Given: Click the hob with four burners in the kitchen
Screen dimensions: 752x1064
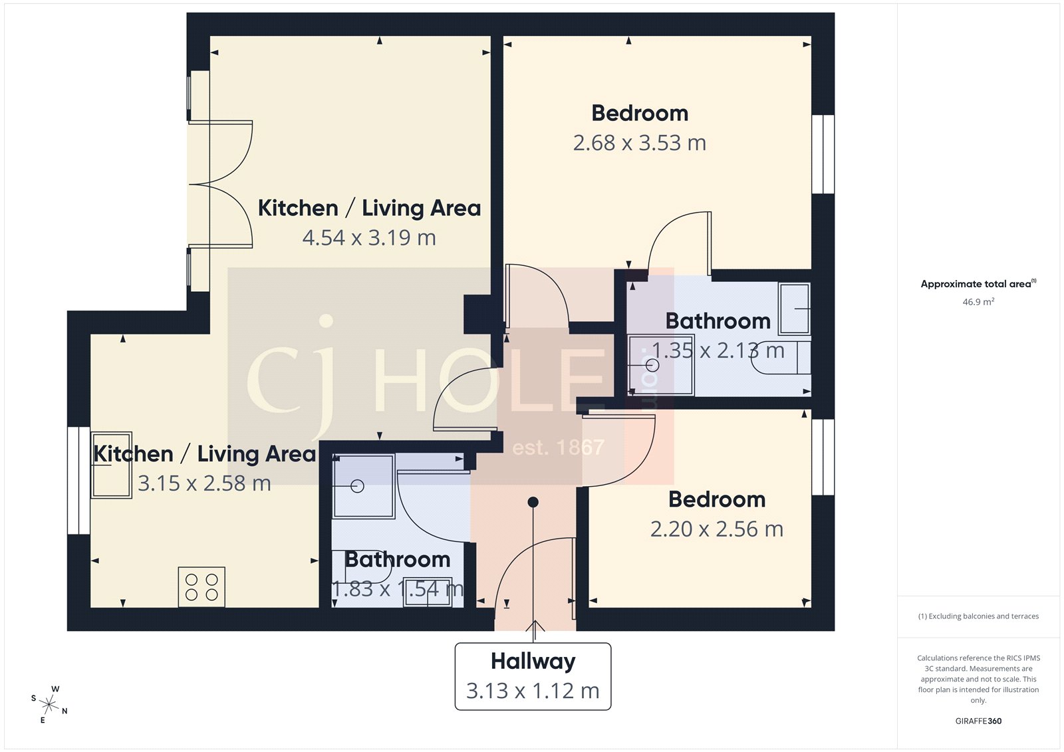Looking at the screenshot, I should point(201,586).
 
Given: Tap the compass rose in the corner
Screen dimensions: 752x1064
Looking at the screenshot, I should point(49,703).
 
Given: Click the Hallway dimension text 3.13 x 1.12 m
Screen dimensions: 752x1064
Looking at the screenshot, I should point(533,691).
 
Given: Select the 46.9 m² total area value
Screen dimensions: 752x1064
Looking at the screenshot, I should point(978,302).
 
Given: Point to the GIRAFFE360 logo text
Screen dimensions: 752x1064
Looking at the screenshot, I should point(978,721).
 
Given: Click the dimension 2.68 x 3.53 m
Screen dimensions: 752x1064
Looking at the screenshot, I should point(639,143).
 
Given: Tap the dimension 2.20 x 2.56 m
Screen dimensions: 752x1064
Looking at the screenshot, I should point(716,529).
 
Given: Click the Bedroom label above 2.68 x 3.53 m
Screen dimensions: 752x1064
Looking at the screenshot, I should point(640,113).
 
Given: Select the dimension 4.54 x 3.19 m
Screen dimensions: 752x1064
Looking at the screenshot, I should point(369,237).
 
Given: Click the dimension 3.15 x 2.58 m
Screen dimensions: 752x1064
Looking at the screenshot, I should point(204,483).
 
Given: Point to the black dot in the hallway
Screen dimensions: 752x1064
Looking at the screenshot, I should point(533,502).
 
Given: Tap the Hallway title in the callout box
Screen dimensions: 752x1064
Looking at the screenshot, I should point(533,661).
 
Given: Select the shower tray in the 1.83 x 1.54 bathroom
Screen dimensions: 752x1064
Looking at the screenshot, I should point(363,486).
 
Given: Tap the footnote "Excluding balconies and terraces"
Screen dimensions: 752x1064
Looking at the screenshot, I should point(978,616).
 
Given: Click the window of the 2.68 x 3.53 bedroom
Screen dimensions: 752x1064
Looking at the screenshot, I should point(823,154).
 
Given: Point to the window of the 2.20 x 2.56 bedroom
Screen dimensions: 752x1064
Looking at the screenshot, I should point(823,457).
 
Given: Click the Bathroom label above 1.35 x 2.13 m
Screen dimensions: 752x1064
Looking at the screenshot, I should point(718,321).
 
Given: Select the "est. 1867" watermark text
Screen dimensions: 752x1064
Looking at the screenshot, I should point(558,447).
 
